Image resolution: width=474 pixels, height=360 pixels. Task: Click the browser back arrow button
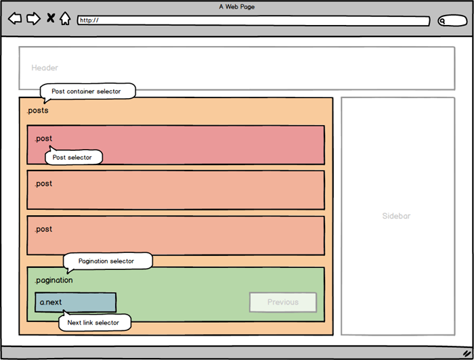[15, 18]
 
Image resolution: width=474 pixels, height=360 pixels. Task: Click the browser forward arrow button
[33, 18]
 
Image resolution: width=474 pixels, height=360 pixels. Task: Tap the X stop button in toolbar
[51, 18]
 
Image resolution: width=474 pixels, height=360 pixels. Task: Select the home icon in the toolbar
[65, 18]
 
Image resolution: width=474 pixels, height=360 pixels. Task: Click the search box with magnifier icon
[452, 21]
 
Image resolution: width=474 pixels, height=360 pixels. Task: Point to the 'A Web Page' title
[236, 7]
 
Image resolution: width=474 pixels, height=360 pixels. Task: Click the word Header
[45, 68]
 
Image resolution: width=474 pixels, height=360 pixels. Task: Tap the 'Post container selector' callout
[87, 91]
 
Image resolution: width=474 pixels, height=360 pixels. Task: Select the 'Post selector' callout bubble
[73, 158]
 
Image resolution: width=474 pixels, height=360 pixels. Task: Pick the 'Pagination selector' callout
[106, 261]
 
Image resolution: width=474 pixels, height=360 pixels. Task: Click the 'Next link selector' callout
[93, 323]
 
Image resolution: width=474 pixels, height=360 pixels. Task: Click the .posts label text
[37, 110]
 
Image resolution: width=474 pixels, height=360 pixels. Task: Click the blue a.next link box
[75, 302]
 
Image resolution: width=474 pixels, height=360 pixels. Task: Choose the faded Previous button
[282, 302]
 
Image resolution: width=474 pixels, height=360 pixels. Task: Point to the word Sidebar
[396, 217]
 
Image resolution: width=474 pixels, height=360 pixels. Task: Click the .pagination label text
[53, 280]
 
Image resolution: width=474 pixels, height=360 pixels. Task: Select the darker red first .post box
[203, 144]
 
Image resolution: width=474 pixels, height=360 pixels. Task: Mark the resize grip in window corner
[465, 353]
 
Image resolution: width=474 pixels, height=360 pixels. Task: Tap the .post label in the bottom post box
[43, 229]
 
